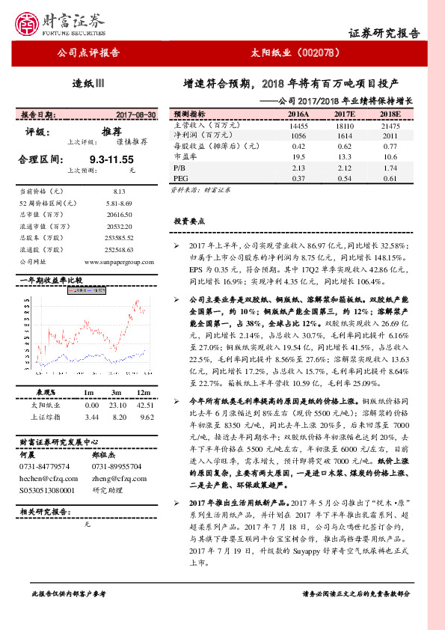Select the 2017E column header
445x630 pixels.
tap(344, 114)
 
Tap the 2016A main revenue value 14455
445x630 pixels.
tap(298, 125)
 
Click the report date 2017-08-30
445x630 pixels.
tap(136, 114)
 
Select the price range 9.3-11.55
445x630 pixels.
tap(111, 159)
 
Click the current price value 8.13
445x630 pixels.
tap(120, 192)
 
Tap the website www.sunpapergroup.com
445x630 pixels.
tap(119, 261)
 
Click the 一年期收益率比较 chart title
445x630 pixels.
tap(51, 280)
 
